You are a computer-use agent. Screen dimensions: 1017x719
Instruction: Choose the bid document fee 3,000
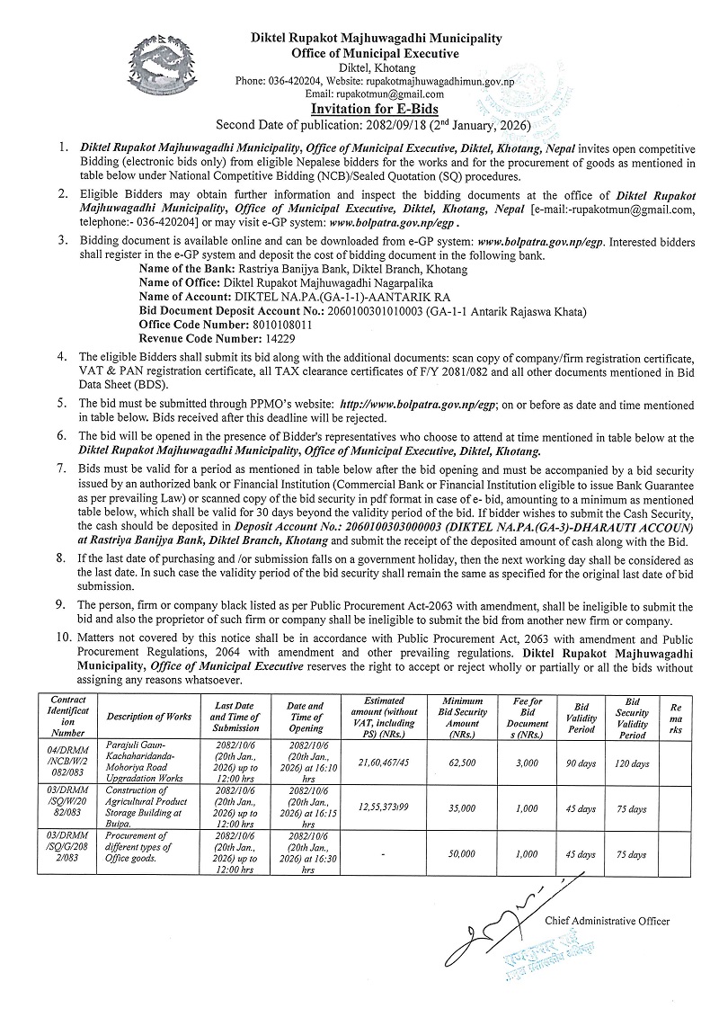pyautogui.click(x=528, y=762)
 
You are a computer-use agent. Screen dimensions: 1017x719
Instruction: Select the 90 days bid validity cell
pyautogui.click(x=581, y=762)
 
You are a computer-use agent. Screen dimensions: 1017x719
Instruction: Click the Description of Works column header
pyautogui.click(x=148, y=717)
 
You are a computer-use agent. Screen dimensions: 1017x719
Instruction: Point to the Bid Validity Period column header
pyautogui.click(x=581, y=717)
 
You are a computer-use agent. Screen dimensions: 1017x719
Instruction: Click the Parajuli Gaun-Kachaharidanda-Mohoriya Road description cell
pyautogui.click(x=148, y=761)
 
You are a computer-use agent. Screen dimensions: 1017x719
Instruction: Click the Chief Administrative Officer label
pyautogui.click(x=607, y=921)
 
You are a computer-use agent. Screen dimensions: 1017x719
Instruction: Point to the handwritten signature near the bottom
pyautogui.click(x=503, y=917)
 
